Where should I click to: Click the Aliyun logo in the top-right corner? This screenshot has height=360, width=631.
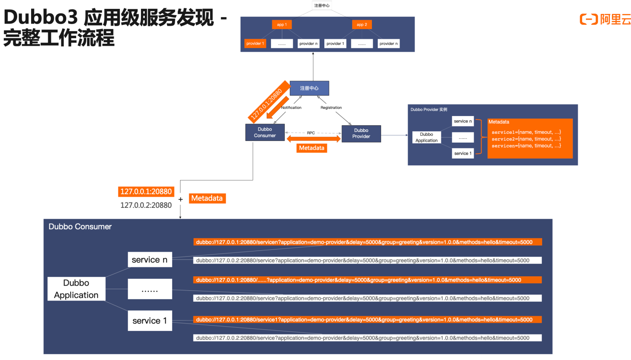[605, 19]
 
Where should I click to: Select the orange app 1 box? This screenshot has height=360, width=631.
[282, 25]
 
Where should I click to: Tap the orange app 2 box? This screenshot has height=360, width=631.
[362, 25]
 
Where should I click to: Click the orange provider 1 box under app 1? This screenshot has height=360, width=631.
[255, 44]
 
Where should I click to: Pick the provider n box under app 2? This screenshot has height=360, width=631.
[388, 44]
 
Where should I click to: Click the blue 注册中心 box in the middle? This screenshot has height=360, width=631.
[309, 88]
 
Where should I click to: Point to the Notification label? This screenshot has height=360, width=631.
[291, 108]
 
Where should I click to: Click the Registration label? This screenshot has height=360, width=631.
[331, 108]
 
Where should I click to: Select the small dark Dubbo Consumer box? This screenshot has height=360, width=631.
[265, 132]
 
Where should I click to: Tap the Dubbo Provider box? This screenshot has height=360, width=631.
[361, 133]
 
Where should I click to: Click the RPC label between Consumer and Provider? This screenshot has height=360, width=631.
[311, 133]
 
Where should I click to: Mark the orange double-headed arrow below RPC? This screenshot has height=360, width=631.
[313, 139]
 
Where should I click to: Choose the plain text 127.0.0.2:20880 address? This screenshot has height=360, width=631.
[146, 205]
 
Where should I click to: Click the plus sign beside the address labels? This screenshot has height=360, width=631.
[180, 199]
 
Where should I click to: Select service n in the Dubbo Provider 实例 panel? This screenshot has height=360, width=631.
[463, 121]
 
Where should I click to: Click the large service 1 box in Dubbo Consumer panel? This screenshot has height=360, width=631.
[150, 321]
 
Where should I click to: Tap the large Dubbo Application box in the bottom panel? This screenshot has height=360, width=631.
[76, 289]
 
